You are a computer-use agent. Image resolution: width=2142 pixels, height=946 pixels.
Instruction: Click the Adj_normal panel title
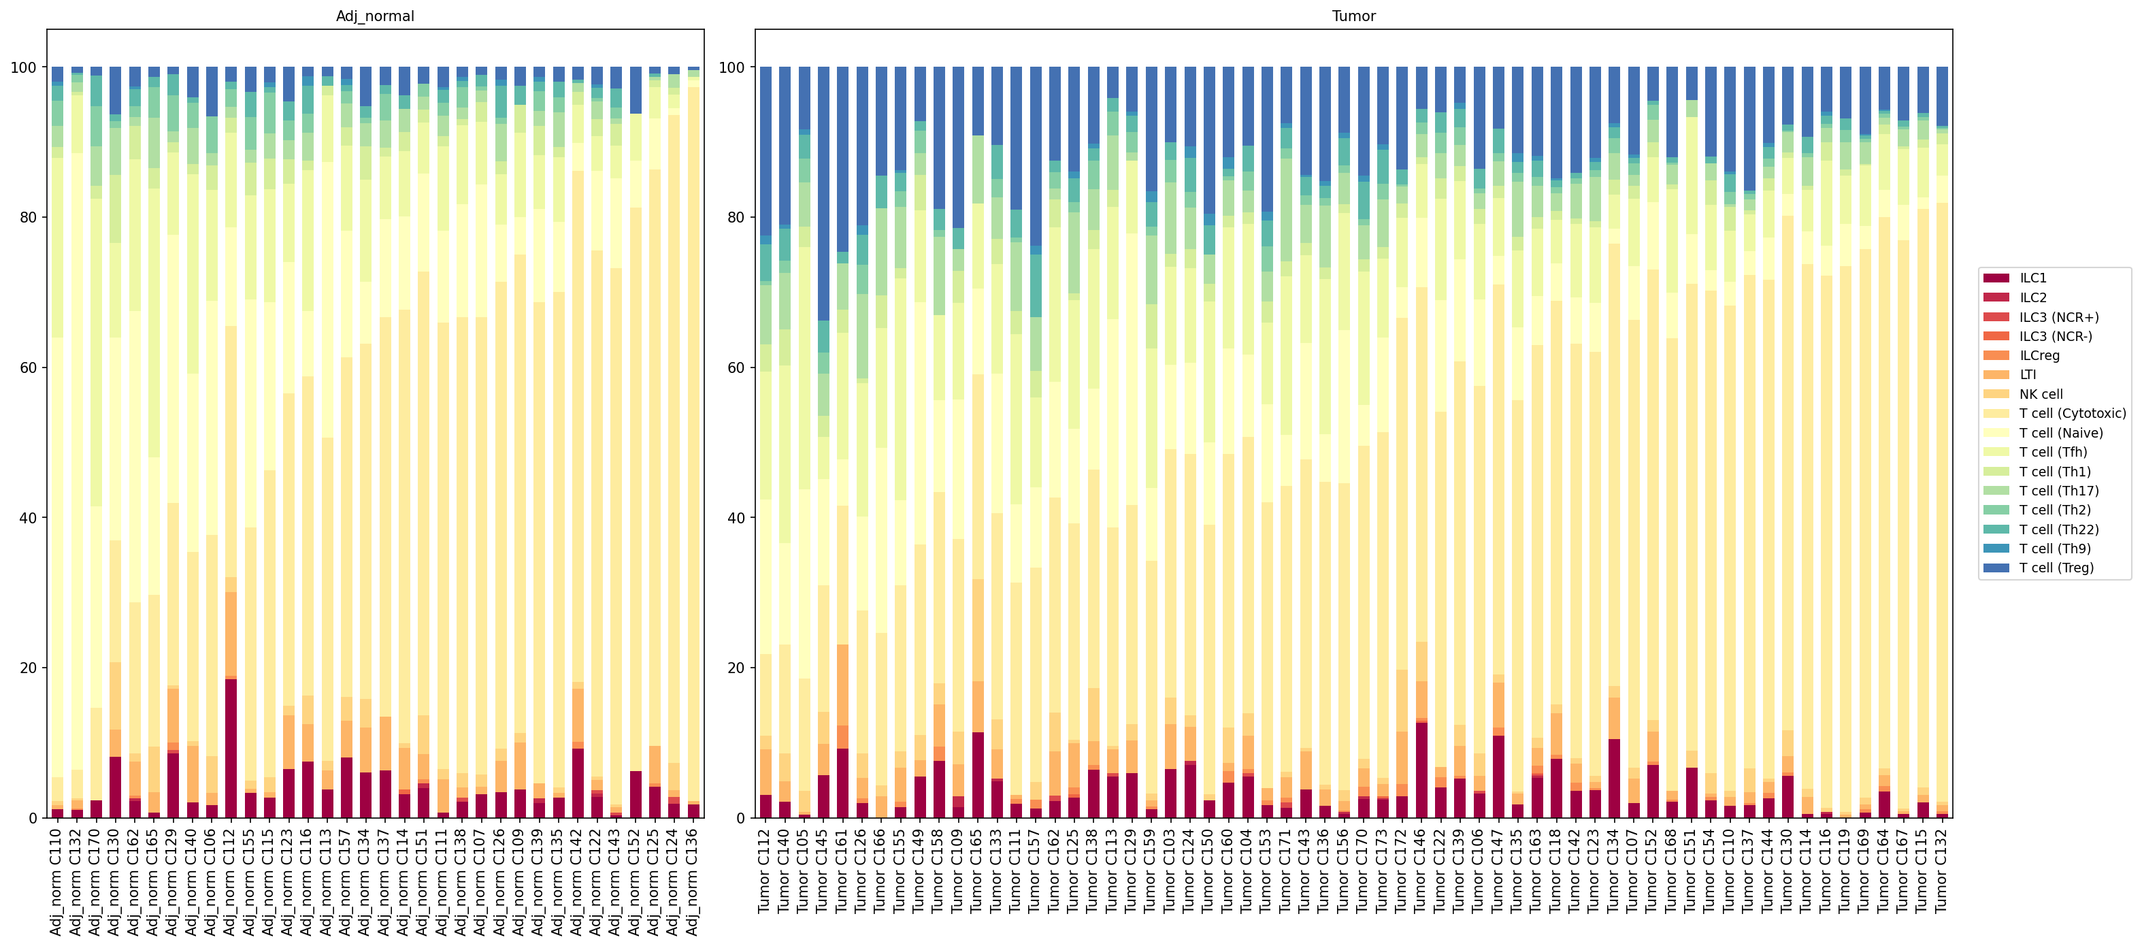pos(375,16)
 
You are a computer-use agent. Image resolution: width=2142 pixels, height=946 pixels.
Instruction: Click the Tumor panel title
pos(1353,16)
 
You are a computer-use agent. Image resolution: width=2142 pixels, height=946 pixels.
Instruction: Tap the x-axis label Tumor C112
pos(765,870)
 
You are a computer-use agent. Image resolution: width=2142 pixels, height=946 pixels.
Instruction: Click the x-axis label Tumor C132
pos(1941,870)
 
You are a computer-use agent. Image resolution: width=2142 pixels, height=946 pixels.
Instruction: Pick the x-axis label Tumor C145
pos(823,870)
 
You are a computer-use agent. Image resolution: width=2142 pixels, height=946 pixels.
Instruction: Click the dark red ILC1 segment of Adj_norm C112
pos(231,748)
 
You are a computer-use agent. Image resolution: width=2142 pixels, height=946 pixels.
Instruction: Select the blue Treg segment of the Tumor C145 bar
pos(823,194)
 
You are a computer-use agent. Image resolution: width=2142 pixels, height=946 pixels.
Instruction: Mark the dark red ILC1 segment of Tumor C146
pos(1420,770)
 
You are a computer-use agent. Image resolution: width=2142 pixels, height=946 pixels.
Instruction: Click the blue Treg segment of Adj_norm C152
pos(636,90)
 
